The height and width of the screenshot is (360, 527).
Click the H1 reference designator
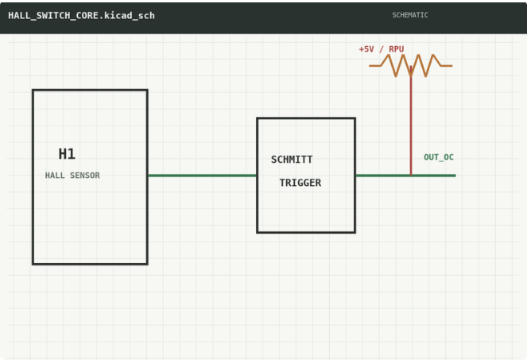pos(67,154)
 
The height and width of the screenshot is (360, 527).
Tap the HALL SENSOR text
pos(72,176)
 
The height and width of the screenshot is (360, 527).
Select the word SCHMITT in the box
pos(292,159)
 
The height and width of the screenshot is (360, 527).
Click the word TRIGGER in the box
pos(300,183)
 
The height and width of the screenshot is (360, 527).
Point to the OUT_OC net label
pos(439,157)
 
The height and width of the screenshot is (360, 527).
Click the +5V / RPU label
pos(381,49)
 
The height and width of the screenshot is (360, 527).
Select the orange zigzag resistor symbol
pos(410,65)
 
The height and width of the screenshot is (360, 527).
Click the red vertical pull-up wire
pos(411,120)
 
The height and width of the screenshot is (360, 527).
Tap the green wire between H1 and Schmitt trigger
pos(203,176)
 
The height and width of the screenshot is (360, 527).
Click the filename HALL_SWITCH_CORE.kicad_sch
pos(81,15)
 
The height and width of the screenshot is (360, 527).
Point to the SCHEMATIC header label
pos(410,15)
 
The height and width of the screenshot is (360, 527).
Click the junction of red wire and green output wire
pos(411,176)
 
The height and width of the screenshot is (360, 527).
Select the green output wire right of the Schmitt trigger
pos(405,176)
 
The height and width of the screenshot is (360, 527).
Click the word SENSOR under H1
pos(85,176)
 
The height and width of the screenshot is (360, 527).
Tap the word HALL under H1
pos(55,176)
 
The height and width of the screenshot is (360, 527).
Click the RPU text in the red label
pos(397,49)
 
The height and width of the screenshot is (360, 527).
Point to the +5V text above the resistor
pos(366,49)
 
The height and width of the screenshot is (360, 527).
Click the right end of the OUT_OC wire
pos(455,176)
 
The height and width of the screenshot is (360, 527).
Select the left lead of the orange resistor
pos(375,65)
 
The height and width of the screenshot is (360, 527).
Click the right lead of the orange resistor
pos(447,65)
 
